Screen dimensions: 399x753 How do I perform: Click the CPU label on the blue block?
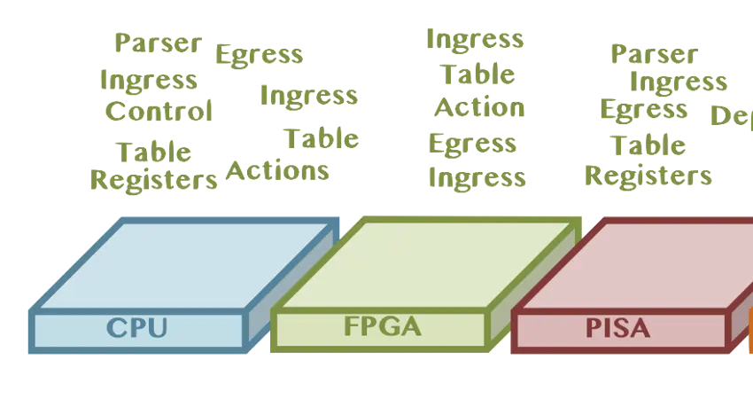tap(136, 328)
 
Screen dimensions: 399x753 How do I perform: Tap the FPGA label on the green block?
tap(382, 327)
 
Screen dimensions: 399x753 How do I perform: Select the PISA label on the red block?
tap(617, 328)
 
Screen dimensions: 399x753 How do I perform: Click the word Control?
tap(159, 112)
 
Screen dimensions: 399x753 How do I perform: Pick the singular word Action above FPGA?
tap(478, 108)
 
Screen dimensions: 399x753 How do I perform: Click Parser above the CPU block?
tap(158, 43)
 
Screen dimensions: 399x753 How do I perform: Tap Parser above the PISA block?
tap(654, 54)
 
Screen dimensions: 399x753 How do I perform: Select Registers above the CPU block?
tap(154, 180)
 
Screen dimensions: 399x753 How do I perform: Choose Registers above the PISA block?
tap(648, 175)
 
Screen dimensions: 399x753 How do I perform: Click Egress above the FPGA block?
tap(472, 143)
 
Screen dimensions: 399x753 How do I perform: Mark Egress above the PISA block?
tap(643, 109)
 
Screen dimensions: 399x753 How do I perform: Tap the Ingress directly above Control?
tap(148, 80)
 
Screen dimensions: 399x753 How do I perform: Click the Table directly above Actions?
tap(322, 138)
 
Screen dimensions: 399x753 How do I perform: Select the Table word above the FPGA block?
tap(477, 74)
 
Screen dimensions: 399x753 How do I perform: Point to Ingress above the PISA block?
tap(678, 82)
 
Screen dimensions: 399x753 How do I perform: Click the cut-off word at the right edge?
tap(732, 116)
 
